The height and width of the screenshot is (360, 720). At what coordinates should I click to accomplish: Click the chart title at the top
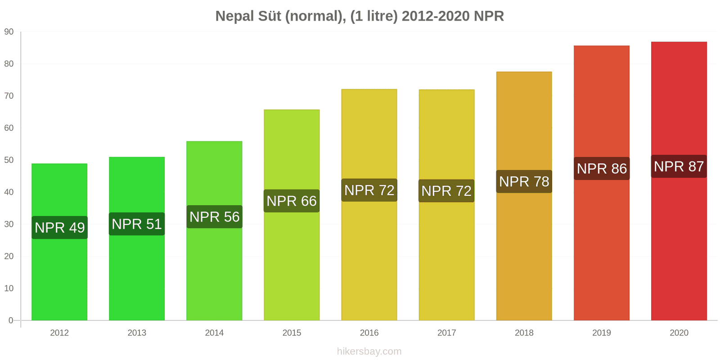click(x=360, y=16)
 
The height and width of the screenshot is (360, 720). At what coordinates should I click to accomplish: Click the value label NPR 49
click(x=60, y=228)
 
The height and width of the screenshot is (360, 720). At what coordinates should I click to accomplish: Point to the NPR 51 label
click(x=137, y=224)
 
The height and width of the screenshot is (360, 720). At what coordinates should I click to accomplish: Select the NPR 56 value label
click(x=215, y=217)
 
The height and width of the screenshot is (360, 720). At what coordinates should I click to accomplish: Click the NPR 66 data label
click(x=292, y=201)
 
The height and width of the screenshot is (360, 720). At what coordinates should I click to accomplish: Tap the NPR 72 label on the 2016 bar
click(x=369, y=190)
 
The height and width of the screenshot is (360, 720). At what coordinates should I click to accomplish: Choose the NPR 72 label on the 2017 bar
click(x=446, y=191)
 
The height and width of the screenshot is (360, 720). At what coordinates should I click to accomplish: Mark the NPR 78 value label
click(x=524, y=182)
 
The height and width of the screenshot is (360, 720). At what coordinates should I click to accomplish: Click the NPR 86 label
click(x=602, y=169)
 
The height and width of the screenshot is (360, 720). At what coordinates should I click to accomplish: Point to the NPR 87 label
click(x=679, y=166)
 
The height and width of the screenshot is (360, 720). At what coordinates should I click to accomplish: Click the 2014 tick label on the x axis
click(x=214, y=333)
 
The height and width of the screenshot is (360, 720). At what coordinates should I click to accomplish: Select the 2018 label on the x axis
click(x=524, y=333)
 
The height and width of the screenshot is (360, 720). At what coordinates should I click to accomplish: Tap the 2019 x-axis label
click(x=602, y=333)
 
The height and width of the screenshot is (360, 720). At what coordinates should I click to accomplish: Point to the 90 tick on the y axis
click(x=9, y=32)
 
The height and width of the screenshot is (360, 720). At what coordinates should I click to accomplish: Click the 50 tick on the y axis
click(x=9, y=160)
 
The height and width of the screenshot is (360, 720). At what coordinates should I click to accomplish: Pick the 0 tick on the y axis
click(x=11, y=320)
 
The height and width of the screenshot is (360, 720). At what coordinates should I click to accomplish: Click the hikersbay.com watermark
click(x=369, y=351)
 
